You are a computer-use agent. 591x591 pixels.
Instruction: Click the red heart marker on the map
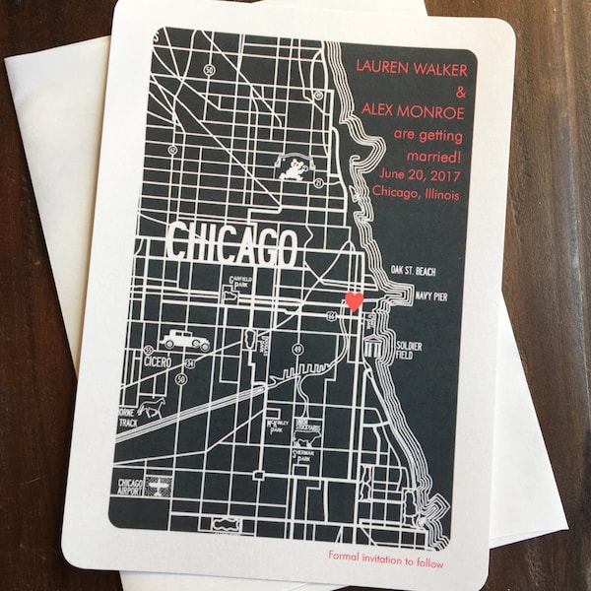(356, 301)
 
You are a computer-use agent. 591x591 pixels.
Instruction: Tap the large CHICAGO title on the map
(232, 245)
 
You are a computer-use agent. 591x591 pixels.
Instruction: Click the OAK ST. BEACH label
(413, 270)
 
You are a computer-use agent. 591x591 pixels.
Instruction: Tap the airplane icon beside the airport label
(158, 485)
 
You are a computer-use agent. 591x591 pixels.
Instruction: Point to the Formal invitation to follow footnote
(387, 555)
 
